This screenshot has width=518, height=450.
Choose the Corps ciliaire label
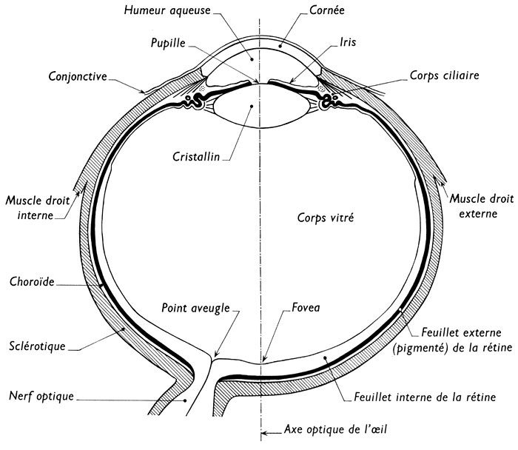[444, 76]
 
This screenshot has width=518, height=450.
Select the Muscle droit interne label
[33, 206]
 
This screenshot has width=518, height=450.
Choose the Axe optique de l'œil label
[335, 429]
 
